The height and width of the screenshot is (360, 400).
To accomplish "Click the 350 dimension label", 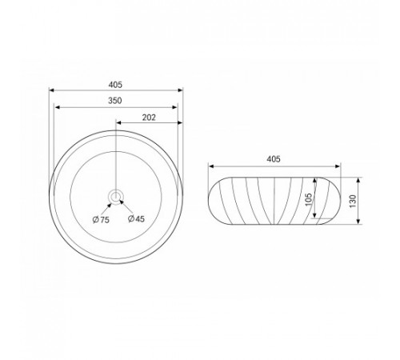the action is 115,101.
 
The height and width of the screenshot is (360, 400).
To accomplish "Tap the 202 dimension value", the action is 149,118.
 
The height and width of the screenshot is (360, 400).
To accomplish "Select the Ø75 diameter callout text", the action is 101,220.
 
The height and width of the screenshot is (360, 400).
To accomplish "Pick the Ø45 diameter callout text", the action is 136,218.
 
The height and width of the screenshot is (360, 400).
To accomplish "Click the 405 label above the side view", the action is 274,159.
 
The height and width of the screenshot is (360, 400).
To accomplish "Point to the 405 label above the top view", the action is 115,85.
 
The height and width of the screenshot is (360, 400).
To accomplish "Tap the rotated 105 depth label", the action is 308,199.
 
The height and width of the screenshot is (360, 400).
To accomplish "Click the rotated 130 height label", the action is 353,201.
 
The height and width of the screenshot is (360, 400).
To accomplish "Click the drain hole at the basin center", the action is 115,197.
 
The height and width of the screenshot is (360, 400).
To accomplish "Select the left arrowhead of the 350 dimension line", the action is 57,107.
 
